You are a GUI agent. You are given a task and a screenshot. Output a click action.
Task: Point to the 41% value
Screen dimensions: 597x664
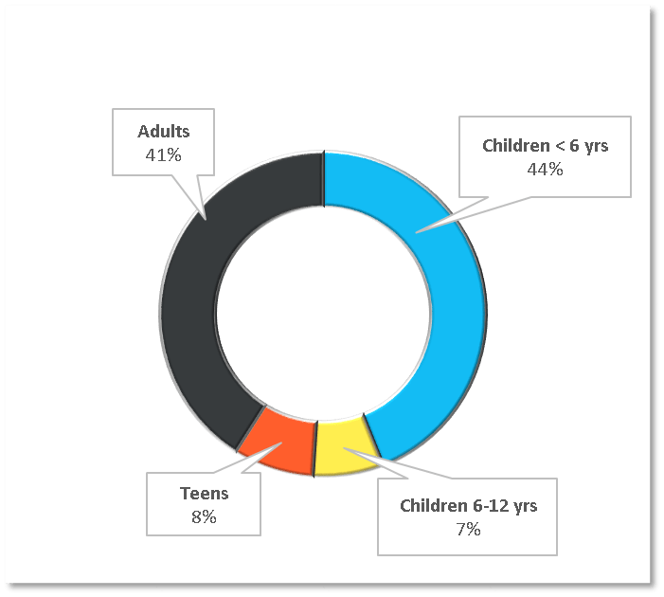point(163,154)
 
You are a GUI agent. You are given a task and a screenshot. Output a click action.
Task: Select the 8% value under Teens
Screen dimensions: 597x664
point(204,516)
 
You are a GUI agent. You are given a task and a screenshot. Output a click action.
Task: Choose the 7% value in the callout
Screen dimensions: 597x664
point(468,529)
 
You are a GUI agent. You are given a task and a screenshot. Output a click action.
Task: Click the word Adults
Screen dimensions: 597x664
point(163,131)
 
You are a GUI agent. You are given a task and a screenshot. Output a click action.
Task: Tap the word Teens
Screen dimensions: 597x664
point(204,494)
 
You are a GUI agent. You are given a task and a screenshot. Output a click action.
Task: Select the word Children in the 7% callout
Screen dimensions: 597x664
point(433,506)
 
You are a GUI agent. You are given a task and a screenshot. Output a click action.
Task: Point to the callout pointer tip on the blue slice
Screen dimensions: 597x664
point(417,229)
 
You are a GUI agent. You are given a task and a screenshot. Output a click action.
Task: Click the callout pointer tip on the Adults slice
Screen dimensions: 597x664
point(206,217)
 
